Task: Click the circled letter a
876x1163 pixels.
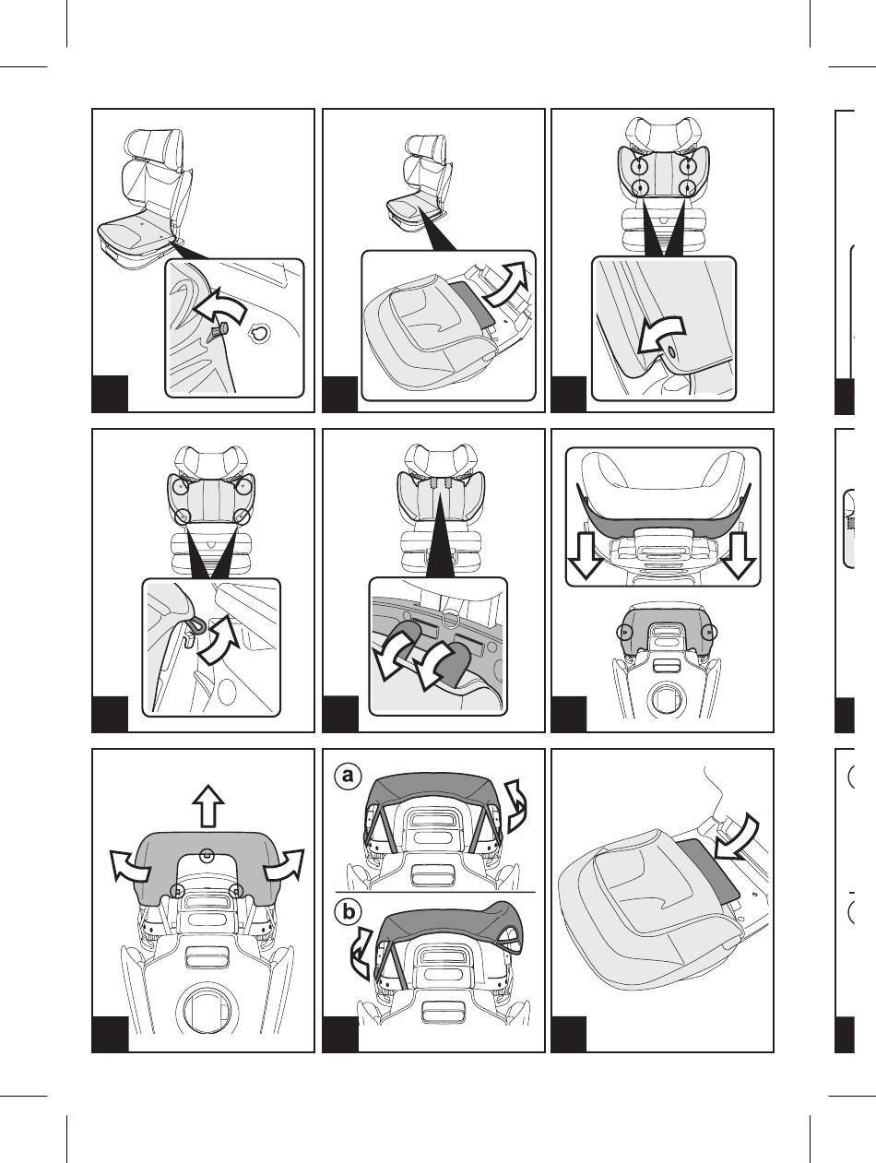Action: [x=348, y=776]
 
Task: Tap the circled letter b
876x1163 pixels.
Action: [x=348, y=912]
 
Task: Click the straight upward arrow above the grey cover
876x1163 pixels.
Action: [x=208, y=805]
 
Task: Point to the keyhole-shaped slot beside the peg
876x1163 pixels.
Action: [x=260, y=334]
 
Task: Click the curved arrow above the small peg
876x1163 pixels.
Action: [x=219, y=305]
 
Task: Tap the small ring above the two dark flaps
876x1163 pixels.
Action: [x=450, y=618]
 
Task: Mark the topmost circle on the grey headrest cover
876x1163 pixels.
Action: [x=208, y=855]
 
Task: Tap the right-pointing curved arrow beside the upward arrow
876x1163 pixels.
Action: [x=284, y=865]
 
